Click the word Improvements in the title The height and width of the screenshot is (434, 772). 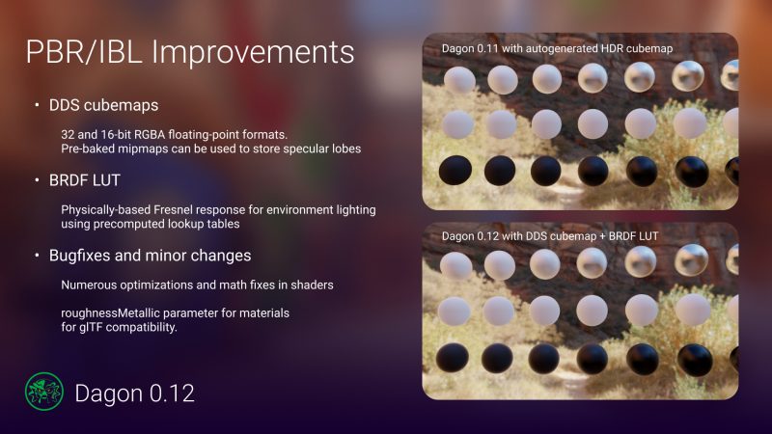[x=253, y=52]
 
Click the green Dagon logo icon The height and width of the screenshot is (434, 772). [x=44, y=392]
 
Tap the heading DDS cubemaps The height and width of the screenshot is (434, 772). [x=103, y=105]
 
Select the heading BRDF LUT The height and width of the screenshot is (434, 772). [x=85, y=180]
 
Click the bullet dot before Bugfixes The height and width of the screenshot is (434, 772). [x=37, y=255]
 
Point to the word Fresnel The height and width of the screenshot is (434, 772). [x=174, y=209]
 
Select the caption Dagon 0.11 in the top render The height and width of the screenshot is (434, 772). [x=470, y=49]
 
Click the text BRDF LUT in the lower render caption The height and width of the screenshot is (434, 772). [x=633, y=236]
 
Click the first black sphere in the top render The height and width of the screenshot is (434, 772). [x=455, y=171]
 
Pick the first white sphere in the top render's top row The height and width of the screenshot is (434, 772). [x=459, y=80]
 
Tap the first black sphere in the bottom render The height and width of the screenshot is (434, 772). [x=452, y=357]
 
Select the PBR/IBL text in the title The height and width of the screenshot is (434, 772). [x=84, y=52]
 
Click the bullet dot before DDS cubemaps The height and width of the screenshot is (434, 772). [x=37, y=105]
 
